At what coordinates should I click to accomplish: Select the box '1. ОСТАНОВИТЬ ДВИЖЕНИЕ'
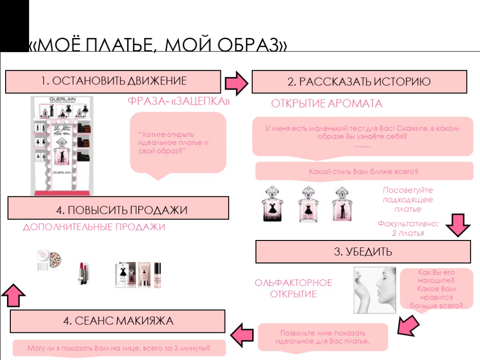point(113,81)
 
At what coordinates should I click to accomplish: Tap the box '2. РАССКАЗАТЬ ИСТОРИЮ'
point(359,82)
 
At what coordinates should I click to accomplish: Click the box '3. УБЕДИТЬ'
point(363,252)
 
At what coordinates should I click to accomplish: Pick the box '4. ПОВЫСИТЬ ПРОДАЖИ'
point(119,208)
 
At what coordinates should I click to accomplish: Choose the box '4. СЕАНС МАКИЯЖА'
point(118,321)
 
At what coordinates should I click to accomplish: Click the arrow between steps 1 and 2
point(237,82)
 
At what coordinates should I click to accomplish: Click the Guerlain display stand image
point(62,145)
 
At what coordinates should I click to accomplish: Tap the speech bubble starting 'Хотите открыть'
point(178,142)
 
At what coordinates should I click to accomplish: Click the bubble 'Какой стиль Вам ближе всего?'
point(364,172)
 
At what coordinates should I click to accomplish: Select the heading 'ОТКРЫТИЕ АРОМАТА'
point(327,104)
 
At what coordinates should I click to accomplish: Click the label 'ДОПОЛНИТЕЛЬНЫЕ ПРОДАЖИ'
point(94,227)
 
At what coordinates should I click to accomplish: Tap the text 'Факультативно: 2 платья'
point(408,228)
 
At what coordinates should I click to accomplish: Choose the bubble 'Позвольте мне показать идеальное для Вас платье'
point(323,337)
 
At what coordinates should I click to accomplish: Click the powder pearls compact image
point(49,260)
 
